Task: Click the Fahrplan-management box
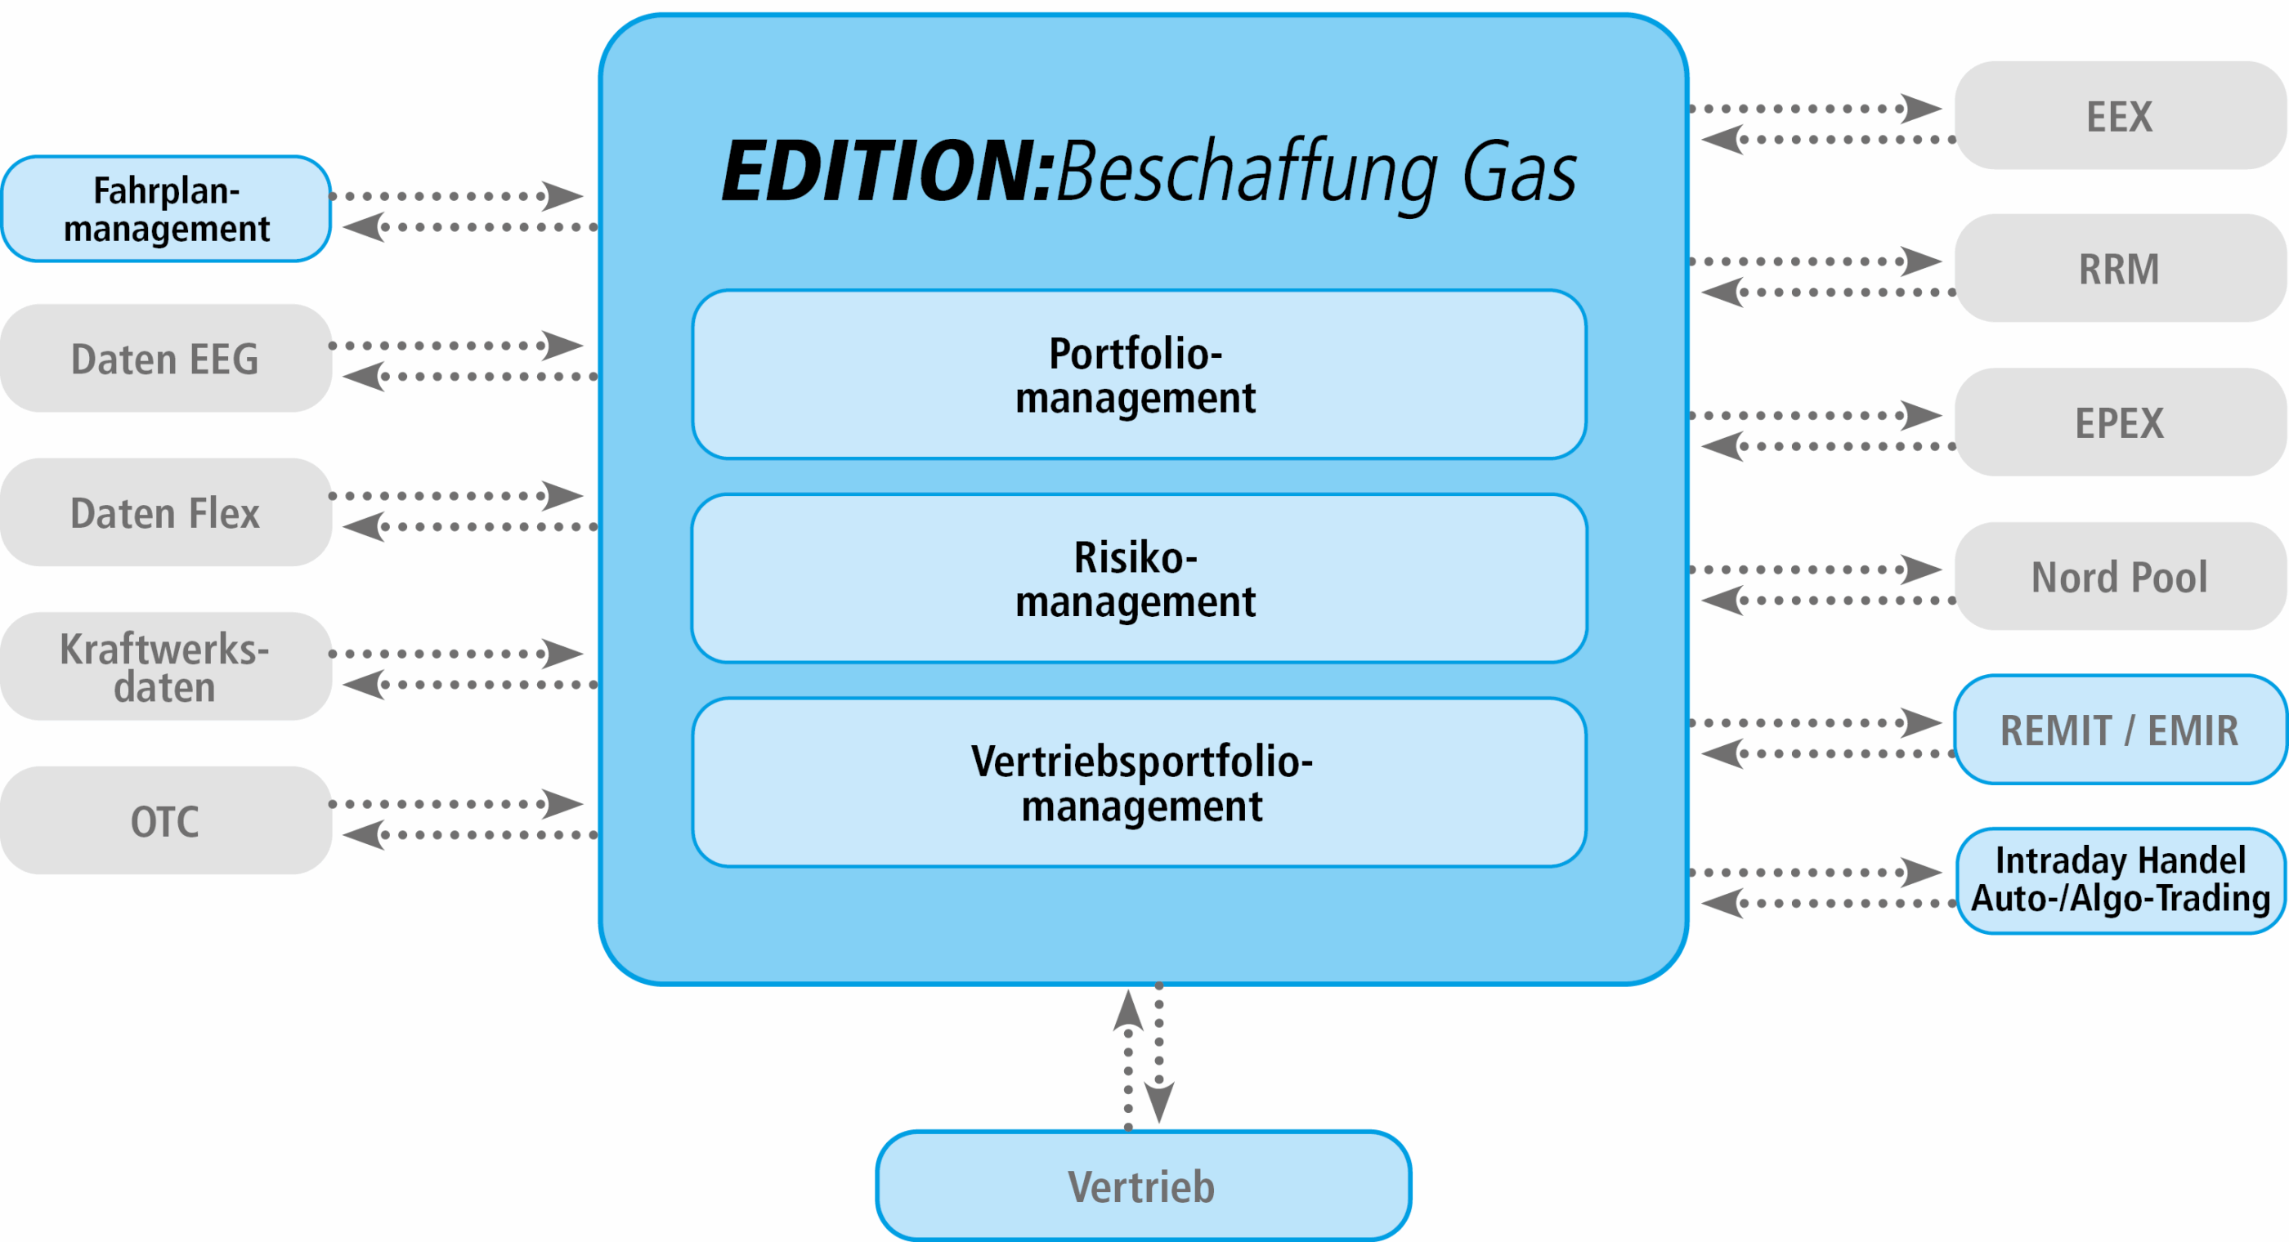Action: click(166, 209)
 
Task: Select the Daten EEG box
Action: click(166, 358)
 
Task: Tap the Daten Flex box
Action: click(166, 512)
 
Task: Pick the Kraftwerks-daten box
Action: click(166, 665)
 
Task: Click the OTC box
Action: click(166, 820)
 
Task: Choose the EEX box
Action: click(2120, 115)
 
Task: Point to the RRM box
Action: click(2120, 267)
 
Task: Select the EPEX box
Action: click(2120, 422)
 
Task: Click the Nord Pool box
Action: click(2120, 576)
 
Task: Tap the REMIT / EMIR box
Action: click(2120, 730)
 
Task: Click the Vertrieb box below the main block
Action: click(1143, 1185)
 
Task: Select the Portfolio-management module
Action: click(1139, 374)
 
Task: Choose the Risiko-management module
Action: click(1139, 579)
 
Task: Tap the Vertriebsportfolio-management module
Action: click(1139, 782)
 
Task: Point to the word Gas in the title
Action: click(1520, 172)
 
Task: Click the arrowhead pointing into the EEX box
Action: click(1921, 109)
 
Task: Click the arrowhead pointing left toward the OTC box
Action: click(365, 835)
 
